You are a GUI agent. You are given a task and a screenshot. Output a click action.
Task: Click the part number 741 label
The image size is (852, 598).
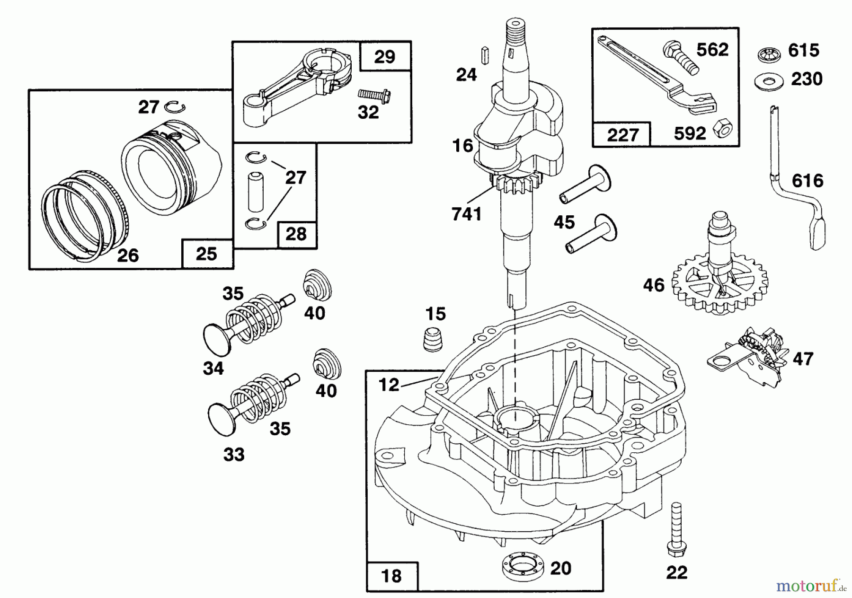click(467, 214)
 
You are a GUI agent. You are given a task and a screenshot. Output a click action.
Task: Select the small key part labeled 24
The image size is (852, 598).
click(485, 55)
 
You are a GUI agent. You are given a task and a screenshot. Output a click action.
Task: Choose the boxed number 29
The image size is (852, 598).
click(384, 57)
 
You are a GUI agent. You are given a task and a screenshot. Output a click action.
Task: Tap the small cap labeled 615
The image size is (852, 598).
click(770, 54)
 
